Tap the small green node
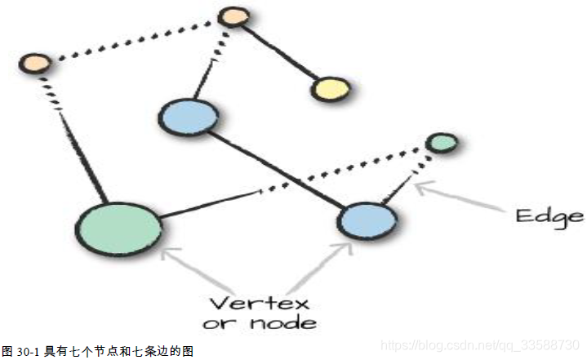click(x=442, y=143)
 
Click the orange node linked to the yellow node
click(x=233, y=17)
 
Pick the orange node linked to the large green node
click(x=35, y=62)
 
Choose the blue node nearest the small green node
click(x=367, y=220)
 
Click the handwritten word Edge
click(x=549, y=216)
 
